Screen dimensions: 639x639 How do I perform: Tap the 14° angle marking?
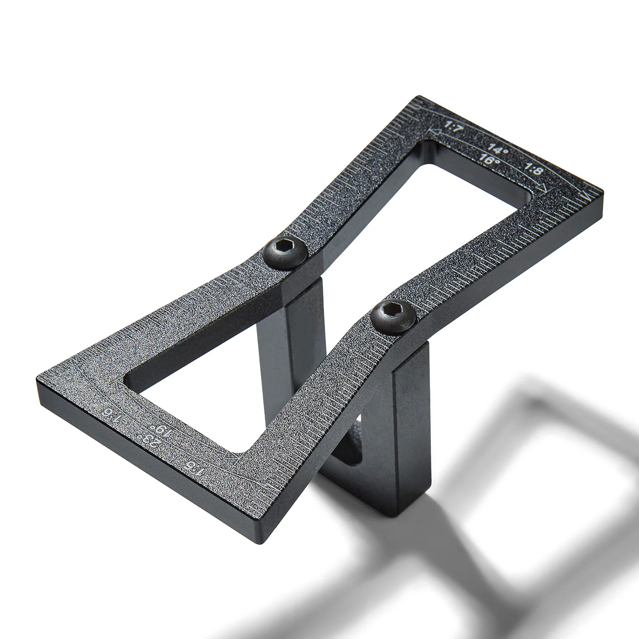point(497,148)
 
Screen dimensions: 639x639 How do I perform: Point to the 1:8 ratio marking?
point(534,170)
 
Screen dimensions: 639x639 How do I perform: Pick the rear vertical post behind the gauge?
point(283,347)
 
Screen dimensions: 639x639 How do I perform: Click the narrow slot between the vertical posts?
point(358,438)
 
